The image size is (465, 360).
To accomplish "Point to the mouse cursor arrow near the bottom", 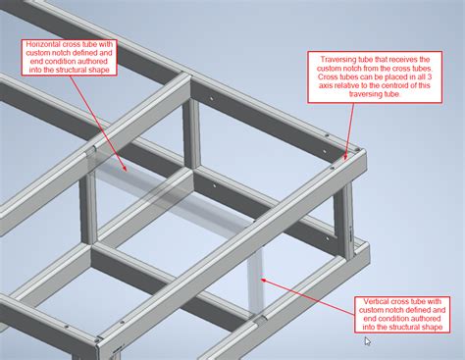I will pos(368,341).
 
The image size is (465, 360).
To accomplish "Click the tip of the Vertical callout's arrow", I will pos(260,279).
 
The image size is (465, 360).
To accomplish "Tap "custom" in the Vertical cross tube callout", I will pos(382,310).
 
